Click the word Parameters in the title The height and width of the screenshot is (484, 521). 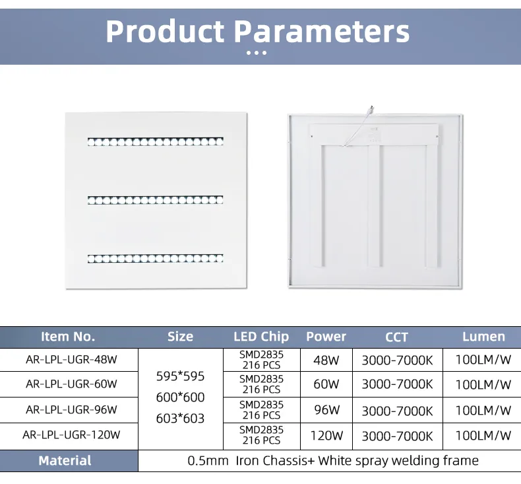[322, 32]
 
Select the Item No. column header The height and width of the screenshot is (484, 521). [68, 336]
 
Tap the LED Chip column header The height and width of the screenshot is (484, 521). [261, 336]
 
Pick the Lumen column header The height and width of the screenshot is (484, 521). [483, 336]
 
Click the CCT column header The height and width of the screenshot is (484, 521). [396, 337]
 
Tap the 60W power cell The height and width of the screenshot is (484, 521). [326, 384]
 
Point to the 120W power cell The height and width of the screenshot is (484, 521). [326, 435]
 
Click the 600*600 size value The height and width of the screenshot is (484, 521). [180, 398]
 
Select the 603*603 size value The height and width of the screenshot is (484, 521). [180, 419]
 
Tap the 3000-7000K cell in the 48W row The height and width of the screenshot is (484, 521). [397, 361]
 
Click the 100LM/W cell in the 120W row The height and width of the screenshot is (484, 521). [483, 435]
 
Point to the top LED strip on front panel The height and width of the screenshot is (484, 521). [156, 141]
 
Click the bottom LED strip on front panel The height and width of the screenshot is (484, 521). [156, 257]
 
